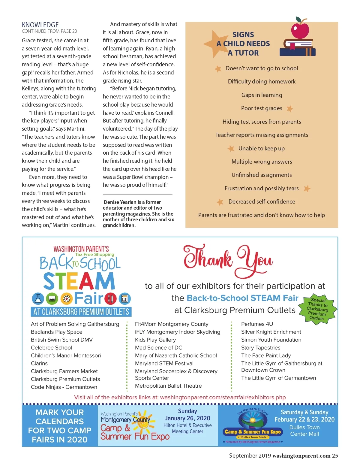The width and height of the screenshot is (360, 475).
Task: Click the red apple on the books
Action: [x=300, y=29]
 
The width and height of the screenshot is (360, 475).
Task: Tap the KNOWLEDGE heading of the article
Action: [x=40, y=25]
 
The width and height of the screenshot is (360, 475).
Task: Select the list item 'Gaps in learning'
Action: [x=262, y=95]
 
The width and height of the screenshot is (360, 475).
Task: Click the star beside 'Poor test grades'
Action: [x=289, y=109]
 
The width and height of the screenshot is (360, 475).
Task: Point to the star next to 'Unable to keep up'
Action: [x=231, y=148]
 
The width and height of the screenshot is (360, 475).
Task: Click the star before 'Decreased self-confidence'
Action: [x=220, y=202]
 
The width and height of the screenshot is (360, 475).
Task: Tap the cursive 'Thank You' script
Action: [x=228, y=260]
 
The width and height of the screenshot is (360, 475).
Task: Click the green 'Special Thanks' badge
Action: [x=318, y=309]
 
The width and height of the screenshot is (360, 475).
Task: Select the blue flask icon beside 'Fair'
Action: [x=38, y=298]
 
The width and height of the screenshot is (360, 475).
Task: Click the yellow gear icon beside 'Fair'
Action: [x=66, y=299]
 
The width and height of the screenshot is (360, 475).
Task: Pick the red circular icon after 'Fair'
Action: [x=110, y=299]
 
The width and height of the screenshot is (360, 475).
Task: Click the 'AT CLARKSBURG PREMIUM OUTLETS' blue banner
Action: [x=81, y=312]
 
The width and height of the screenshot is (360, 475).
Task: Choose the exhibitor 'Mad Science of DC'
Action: [x=158, y=348]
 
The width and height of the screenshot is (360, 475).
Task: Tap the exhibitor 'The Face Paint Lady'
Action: [x=266, y=355]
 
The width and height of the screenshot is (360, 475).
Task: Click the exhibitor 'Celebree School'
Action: [x=51, y=348]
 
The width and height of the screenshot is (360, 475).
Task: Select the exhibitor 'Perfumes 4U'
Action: [x=257, y=324]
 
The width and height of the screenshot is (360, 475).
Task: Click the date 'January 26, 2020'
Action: [x=187, y=418]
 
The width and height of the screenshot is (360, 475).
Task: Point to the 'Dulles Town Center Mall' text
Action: [x=304, y=431]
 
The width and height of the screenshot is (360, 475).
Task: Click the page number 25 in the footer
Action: [x=335, y=456]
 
